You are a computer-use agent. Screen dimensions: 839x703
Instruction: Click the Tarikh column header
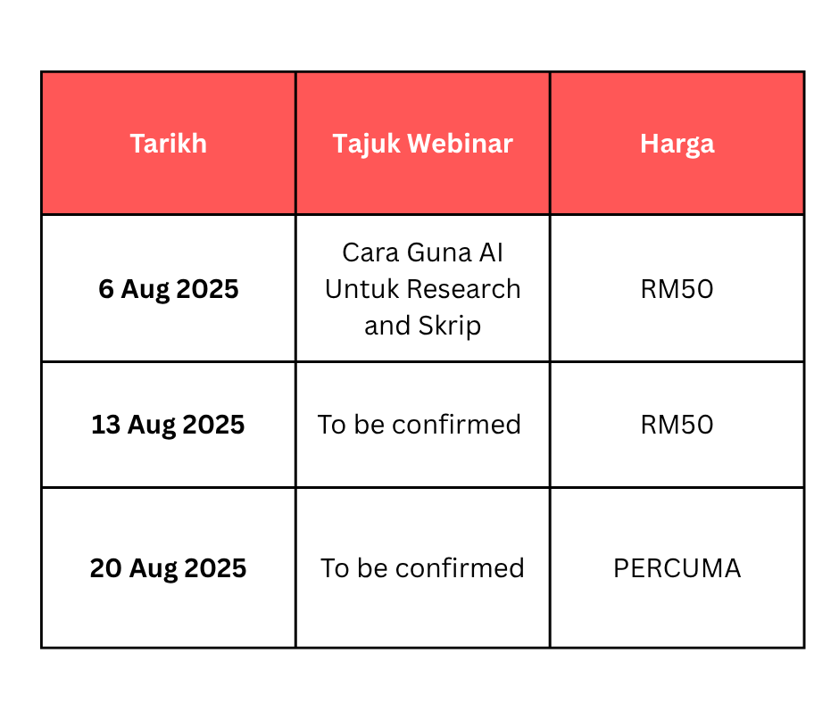(x=168, y=144)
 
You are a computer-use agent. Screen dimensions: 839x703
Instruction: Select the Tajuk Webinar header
(x=423, y=145)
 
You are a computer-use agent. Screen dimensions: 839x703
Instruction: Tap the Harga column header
(x=677, y=145)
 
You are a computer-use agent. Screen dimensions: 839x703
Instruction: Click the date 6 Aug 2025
(x=169, y=289)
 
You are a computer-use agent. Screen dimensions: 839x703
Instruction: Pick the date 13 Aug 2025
(x=168, y=426)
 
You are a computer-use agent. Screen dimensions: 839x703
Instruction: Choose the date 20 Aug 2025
(x=168, y=568)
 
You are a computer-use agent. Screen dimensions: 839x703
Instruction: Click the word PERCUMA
(x=677, y=568)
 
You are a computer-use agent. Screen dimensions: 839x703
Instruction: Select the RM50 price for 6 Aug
(x=677, y=289)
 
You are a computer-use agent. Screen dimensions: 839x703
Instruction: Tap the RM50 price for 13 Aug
(x=677, y=425)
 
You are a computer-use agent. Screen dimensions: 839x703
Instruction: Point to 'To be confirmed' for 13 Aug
(x=419, y=425)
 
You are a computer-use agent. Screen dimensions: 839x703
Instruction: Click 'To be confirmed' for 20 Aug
(x=422, y=568)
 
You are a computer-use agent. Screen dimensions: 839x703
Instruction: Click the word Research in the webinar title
(x=463, y=289)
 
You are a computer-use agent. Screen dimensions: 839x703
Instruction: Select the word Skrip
(x=450, y=327)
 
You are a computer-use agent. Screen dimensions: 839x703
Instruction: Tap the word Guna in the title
(x=438, y=252)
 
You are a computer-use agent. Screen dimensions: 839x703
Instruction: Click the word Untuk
(x=361, y=289)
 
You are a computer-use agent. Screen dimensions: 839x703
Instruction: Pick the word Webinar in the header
(x=461, y=144)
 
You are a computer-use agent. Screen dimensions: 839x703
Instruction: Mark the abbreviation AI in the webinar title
(x=491, y=252)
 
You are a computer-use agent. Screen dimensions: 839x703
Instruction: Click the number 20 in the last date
(x=106, y=568)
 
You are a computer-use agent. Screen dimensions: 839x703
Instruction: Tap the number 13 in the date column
(x=106, y=425)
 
